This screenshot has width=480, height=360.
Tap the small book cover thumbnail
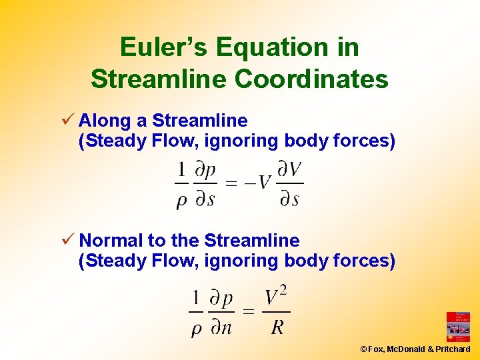tap(458, 327)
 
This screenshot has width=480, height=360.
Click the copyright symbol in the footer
tap(363, 349)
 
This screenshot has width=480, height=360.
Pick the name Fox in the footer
tap(375, 349)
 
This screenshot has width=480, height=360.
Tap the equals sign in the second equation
tap(248, 311)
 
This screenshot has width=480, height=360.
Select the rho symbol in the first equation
tap(181, 200)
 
